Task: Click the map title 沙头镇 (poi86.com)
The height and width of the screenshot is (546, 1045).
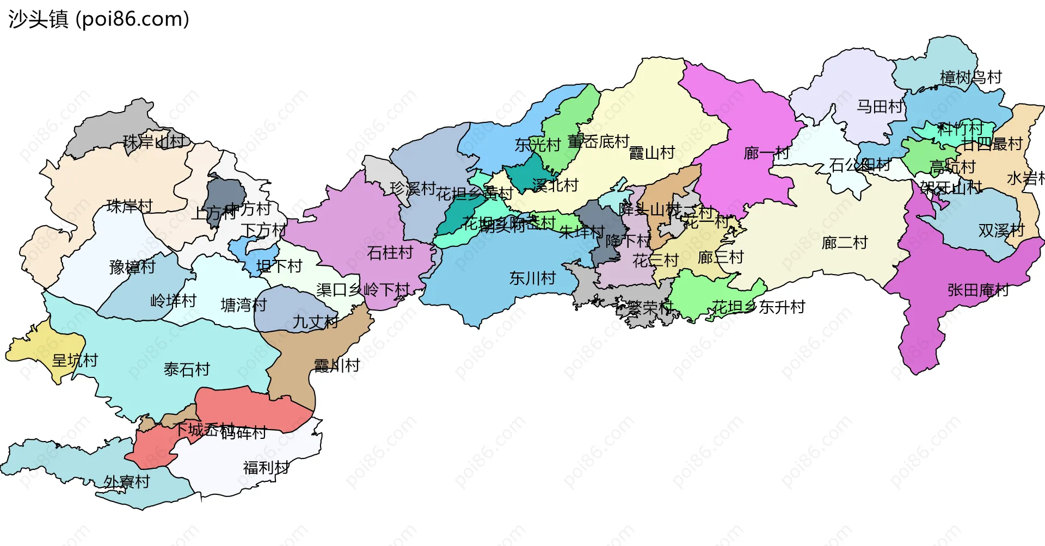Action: pyautogui.click(x=99, y=20)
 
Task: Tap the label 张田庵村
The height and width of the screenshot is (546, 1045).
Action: pyautogui.click(x=978, y=290)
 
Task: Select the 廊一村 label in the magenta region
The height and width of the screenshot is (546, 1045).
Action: pyautogui.click(x=766, y=153)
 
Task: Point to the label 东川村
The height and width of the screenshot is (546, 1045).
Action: pyautogui.click(x=532, y=278)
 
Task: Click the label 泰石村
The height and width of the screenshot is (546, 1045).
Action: pyautogui.click(x=187, y=370)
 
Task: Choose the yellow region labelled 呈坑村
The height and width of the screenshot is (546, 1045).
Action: pyautogui.click(x=44, y=348)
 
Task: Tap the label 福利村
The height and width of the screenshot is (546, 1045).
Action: pyautogui.click(x=266, y=468)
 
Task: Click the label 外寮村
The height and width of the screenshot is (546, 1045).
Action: pyautogui.click(x=126, y=482)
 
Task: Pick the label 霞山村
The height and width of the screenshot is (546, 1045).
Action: pyautogui.click(x=651, y=153)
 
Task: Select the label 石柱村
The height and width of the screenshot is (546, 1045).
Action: pyautogui.click(x=390, y=252)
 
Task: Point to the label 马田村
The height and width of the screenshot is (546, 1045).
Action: pyautogui.click(x=879, y=107)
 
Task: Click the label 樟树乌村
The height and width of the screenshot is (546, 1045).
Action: pyautogui.click(x=970, y=77)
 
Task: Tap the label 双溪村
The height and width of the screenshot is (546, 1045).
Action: pyautogui.click(x=1001, y=231)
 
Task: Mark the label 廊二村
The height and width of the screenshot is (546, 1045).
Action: pyautogui.click(x=844, y=243)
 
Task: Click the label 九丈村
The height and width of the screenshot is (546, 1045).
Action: pyautogui.click(x=316, y=322)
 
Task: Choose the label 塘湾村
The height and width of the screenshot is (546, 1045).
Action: pyautogui.click(x=243, y=305)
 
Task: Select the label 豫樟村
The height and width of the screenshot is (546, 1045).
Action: pyautogui.click(x=132, y=267)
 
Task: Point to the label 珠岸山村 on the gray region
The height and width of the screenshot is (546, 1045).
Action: pyautogui.click(x=154, y=142)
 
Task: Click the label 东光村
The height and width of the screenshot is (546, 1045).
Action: pyautogui.click(x=537, y=145)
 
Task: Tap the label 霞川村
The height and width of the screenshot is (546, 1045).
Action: pyautogui.click(x=337, y=365)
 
